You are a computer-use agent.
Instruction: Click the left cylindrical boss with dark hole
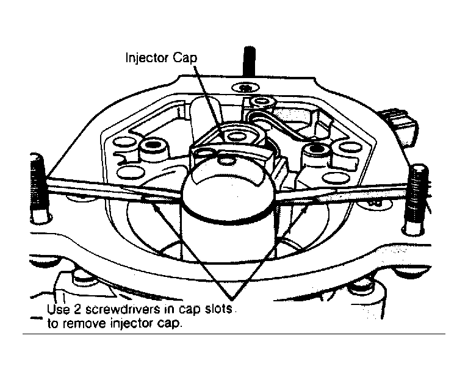pyautogui.click(x=153, y=147)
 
